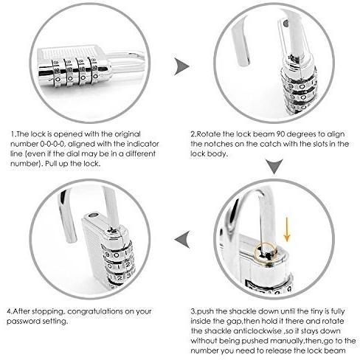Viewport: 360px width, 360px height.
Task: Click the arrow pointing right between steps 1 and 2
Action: [x=182, y=66]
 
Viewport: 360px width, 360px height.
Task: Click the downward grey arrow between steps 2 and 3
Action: [x=274, y=166]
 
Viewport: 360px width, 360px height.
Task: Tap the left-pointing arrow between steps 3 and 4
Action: [x=181, y=239]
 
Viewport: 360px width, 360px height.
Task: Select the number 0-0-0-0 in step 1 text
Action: [x=53, y=144]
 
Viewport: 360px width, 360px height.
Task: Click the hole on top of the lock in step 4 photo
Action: [x=93, y=215]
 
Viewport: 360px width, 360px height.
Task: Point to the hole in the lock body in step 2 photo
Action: [x=285, y=24]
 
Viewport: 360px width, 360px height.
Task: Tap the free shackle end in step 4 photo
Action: [x=70, y=238]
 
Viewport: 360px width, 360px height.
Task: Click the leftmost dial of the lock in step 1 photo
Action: [x=58, y=73]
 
